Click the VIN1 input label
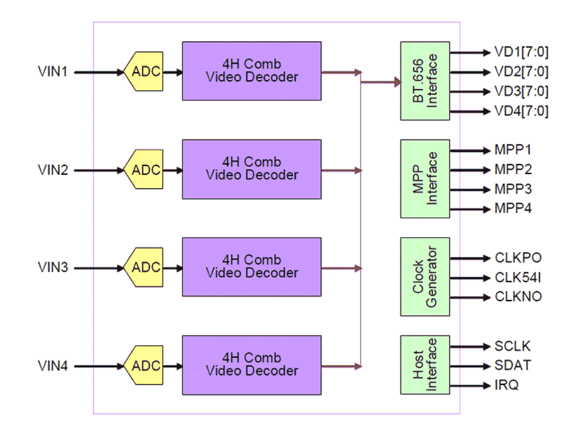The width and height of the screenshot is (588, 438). pyautogui.click(x=53, y=73)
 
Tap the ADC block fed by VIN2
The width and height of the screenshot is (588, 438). pyautogui.click(x=145, y=170)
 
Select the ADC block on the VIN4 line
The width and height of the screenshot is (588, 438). pyautogui.click(x=145, y=365)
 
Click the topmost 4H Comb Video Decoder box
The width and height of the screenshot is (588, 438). pyautogui.click(x=251, y=71)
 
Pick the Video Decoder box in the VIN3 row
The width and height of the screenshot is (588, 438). pyautogui.click(x=251, y=267)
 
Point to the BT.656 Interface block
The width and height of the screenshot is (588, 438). pyautogui.click(x=425, y=80)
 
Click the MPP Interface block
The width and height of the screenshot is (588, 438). pyautogui.click(x=425, y=178)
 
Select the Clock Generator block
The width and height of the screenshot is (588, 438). pyautogui.click(x=425, y=277)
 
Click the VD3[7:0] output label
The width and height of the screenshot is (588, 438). pyautogui.click(x=521, y=92)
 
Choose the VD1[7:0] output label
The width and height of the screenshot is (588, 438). pyautogui.click(x=521, y=53)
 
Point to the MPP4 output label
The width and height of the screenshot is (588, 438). pyautogui.click(x=513, y=209)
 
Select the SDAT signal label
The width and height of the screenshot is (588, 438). pyautogui.click(x=513, y=366)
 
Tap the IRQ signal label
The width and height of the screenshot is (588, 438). pyautogui.click(x=507, y=386)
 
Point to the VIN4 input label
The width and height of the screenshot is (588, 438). pyautogui.click(x=53, y=366)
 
